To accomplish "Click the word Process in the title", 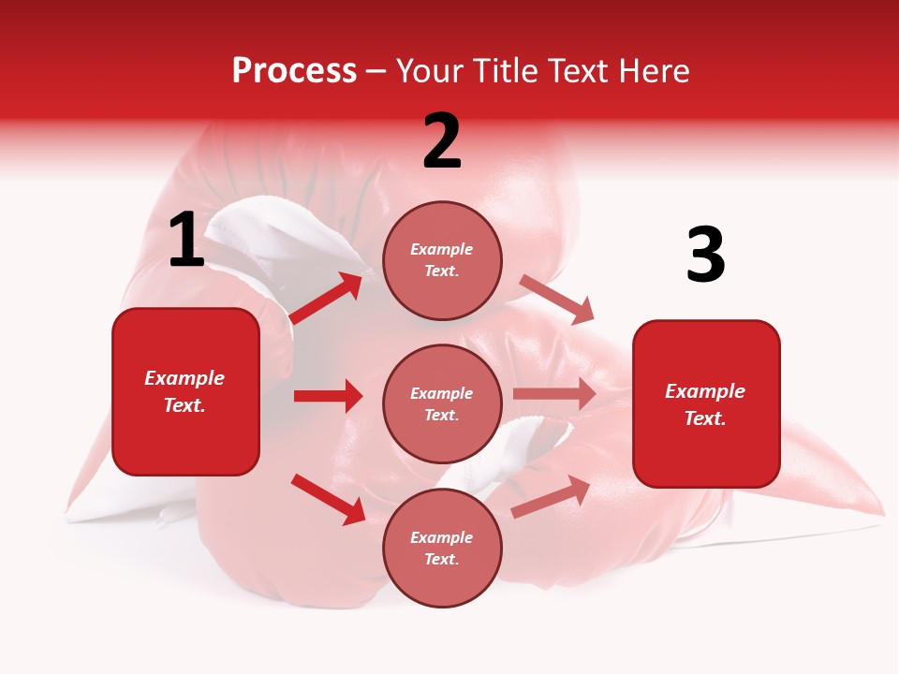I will pyautogui.click(x=294, y=71).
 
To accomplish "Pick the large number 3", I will pyautogui.click(x=705, y=256).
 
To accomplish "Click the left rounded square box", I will pyautogui.click(x=185, y=391).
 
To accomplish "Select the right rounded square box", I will pyautogui.click(x=706, y=404).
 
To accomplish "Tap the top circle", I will pyautogui.click(x=442, y=260).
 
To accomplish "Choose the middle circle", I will pyautogui.click(x=442, y=404).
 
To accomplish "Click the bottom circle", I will pyautogui.click(x=442, y=549).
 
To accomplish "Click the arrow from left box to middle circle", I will pyautogui.click(x=328, y=396).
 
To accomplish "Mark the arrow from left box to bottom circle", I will pyautogui.click(x=329, y=499).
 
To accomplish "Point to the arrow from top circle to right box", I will pyautogui.click(x=556, y=299).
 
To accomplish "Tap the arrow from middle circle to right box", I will pyautogui.click(x=554, y=394).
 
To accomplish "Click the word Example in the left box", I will pyautogui.click(x=184, y=378).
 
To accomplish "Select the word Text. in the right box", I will pyautogui.click(x=705, y=418).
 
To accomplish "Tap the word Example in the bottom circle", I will pyautogui.click(x=442, y=537).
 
